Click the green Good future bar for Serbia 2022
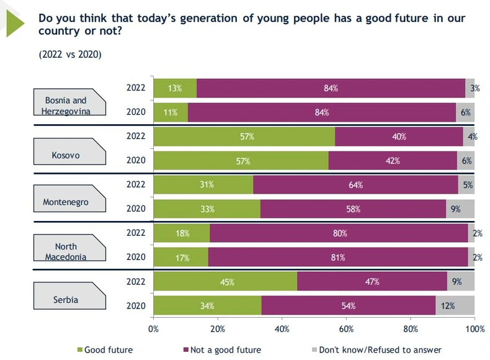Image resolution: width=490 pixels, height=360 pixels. (x=225, y=281)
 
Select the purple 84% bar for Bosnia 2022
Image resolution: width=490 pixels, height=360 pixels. (x=331, y=88)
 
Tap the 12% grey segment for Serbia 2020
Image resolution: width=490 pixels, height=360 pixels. (x=455, y=305)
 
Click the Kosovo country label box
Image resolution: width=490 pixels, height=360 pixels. (x=65, y=155)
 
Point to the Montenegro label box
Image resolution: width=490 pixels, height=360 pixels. (x=65, y=202)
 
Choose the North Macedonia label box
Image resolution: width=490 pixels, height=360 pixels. (x=65, y=252)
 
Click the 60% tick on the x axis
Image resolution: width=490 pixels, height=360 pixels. (x=346, y=328)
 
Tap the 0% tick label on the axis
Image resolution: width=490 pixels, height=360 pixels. (x=153, y=328)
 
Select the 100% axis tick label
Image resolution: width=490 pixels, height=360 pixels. (x=474, y=328)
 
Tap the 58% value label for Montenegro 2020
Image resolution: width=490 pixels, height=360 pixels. (x=353, y=209)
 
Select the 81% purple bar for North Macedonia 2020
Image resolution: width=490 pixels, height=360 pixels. (x=338, y=257)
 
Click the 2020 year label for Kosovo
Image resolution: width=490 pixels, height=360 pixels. (x=135, y=160)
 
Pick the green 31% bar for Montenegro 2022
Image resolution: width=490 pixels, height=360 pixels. (x=203, y=184)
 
